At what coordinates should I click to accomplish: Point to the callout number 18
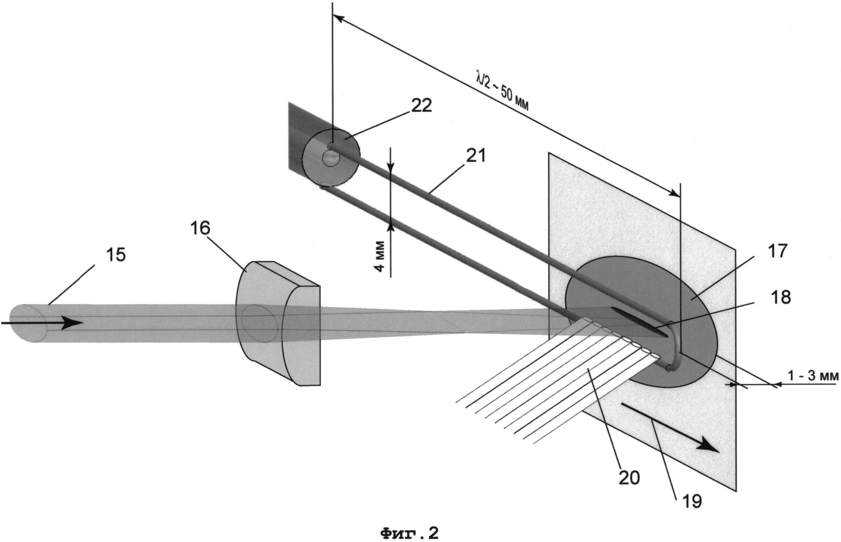click(781, 297)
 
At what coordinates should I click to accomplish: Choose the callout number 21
click(476, 156)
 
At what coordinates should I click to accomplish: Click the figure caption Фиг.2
click(410, 533)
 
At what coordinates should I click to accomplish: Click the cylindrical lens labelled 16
click(278, 323)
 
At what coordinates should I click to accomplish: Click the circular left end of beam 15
click(28, 323)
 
